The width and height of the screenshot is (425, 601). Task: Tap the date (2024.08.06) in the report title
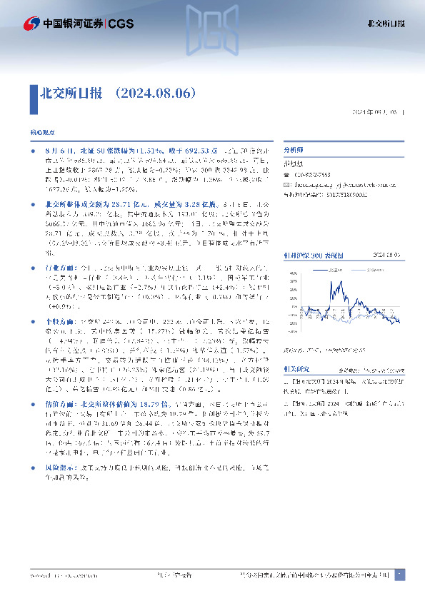tap(155, 93)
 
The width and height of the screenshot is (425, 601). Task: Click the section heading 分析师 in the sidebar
tap(294, 151)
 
